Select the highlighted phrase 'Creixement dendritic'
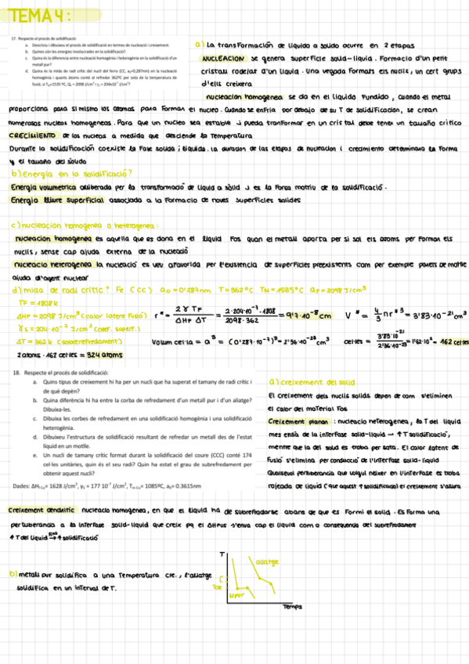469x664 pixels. coord(40,510)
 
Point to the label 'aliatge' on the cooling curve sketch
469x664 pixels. coord(267,562)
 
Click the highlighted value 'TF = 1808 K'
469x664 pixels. coord(34,302)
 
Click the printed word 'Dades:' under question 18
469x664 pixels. coord(21,485)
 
